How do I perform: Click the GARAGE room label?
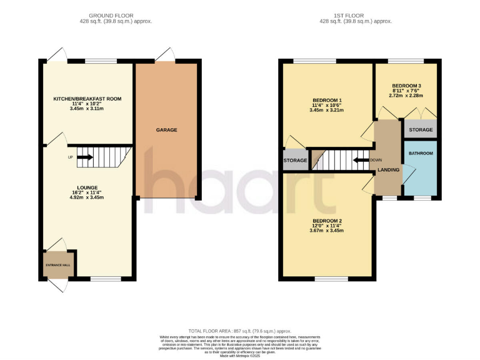pos(166,130)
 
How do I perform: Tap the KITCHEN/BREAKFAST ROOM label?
pos(87,99)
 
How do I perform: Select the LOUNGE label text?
pos(87,187)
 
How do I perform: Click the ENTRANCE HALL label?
pos(58,266)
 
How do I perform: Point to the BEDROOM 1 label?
pos(327,100)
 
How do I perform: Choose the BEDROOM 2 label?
pos(327,221)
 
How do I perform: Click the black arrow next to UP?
pos(84,157)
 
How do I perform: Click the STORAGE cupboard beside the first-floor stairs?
pos(295,161)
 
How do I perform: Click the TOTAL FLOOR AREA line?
pos(240,331)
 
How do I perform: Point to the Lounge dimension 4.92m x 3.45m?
pos(87,197)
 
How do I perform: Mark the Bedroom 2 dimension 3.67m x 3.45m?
pos(327,231)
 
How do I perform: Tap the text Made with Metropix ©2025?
pos(240,356)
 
